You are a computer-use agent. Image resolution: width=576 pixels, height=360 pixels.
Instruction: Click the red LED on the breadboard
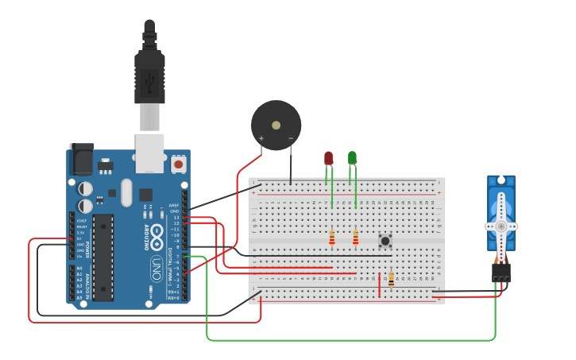[x=328, y=158]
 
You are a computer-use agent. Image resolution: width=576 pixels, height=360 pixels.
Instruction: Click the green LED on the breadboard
[x=352, y=157]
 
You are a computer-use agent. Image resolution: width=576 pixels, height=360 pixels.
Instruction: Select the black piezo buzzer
[x=276, y=125]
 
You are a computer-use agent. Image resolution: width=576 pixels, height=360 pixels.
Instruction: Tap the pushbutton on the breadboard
[x=385, y=240]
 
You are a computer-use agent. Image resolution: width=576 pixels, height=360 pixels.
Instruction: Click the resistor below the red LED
[x=332, y=238]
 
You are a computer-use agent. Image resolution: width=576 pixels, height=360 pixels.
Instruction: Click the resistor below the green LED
[x=355, y=238]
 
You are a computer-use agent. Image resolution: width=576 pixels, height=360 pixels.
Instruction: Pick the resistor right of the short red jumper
[x=391, y=279]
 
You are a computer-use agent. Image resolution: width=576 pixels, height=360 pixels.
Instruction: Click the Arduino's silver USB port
[x=149, y=152]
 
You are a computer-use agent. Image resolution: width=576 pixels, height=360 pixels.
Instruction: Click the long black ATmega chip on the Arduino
[x=102, y=257]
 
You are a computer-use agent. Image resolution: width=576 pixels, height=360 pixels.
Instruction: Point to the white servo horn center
[x=501, y=226]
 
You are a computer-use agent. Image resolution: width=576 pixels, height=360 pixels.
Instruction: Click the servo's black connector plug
[x=501, y=273]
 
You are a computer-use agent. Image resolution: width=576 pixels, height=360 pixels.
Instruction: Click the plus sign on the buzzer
[x=261, y=138]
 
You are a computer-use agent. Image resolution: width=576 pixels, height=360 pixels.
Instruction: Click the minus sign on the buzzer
[x=291, y=138]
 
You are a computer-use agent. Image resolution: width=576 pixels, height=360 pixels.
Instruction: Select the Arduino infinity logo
[x=157, y=236]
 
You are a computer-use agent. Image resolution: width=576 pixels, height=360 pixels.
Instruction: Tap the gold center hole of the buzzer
[x=276, y=125]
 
